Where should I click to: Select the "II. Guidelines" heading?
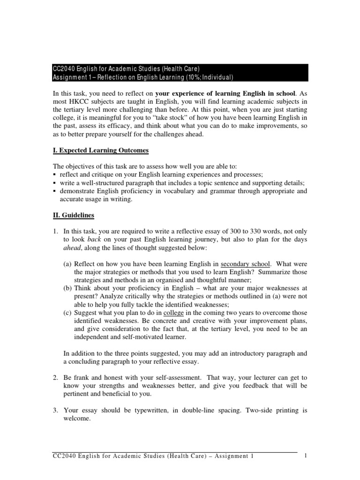pos(74,215)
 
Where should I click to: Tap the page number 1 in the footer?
pos(305,456)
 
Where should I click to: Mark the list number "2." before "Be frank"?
pos(55,377)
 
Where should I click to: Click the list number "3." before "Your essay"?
pos(55,410)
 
